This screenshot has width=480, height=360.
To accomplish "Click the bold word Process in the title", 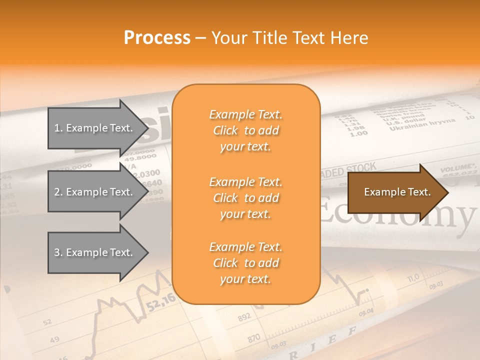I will pos(157,38).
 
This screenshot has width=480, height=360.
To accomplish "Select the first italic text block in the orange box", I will pos(245,130).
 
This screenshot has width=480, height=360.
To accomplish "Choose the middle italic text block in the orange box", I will pos(245,198).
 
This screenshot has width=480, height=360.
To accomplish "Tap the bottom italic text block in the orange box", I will pos(245,263).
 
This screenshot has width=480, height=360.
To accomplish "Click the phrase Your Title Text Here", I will pos(289,38).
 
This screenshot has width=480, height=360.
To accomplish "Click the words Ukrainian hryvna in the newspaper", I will pos(422,123).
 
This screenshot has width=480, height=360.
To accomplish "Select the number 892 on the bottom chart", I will pos(244,317).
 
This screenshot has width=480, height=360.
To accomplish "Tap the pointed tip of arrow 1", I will pos(148,128).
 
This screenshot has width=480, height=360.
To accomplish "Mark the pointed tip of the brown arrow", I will pos(448,192).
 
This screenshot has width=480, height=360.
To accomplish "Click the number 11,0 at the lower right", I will pos(413,278).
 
